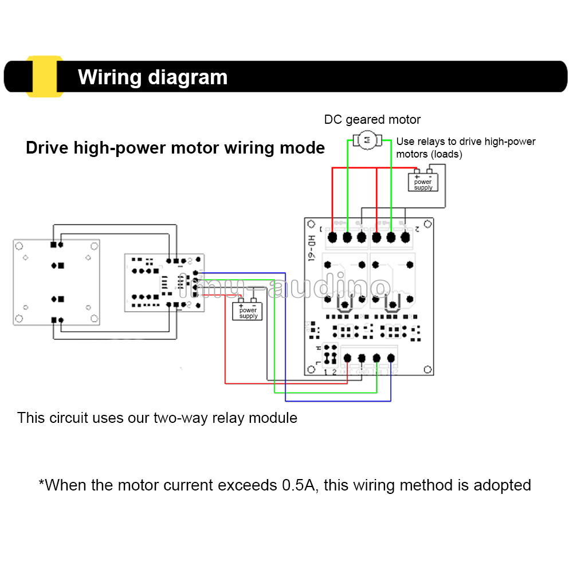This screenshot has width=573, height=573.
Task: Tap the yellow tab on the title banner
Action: click(44, 76)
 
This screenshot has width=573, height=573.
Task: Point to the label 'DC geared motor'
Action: click(372, 120)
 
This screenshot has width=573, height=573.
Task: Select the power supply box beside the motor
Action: click(423, 182)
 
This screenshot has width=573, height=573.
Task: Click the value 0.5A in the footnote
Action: click(300, 485)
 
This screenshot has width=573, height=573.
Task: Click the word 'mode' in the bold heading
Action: click(305, 148)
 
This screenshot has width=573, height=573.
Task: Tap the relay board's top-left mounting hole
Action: click(311, 224)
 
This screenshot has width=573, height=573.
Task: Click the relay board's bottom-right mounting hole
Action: click(426, 370)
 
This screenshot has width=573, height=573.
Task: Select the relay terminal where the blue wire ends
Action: click(391, 358)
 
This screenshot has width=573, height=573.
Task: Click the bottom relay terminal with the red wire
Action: click(347, 358)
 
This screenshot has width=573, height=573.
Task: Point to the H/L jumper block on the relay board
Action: click(329, 354)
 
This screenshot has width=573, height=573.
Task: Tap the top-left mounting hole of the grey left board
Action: click(19, 246)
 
